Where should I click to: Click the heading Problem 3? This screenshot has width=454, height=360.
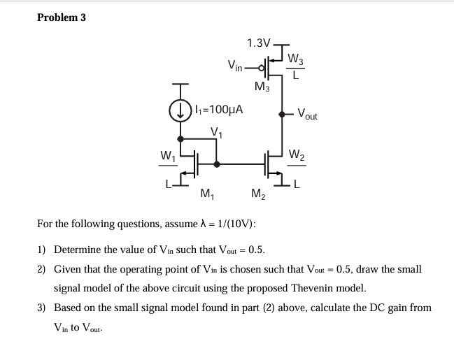tap(61, 17)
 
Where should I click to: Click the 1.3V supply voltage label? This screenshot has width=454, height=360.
tap(258, 43)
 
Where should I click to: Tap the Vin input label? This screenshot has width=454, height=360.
tap(235, 67)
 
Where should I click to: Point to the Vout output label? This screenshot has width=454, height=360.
tap(306, 113)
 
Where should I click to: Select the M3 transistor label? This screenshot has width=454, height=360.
tap(262, 87)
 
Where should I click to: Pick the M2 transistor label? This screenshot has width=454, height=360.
tap(258, 194)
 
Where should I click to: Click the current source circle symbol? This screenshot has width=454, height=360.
tap(181, 110)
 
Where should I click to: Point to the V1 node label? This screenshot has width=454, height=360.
tap(217, 132)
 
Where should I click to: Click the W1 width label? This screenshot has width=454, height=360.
tap(167, 154)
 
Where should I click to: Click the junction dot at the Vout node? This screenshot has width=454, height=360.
tap(283, 113)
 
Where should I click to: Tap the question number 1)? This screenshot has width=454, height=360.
tap(41, 250)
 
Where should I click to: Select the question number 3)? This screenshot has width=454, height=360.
tap(41, 307)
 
